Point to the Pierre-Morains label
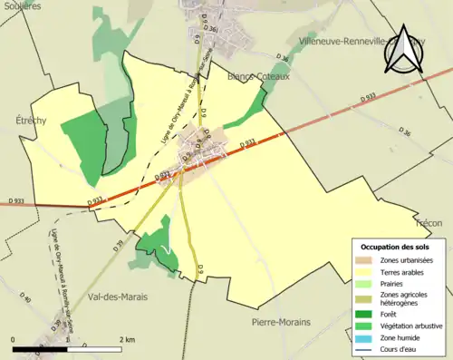[x=282, y=323]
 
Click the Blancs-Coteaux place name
[x=258, y=77]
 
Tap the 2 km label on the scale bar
[x=127, y=339]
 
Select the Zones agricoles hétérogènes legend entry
[x=405, y=297]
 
